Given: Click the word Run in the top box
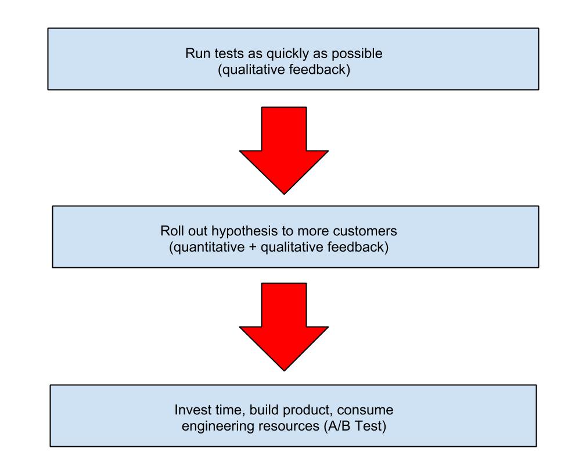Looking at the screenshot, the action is coord(197,53).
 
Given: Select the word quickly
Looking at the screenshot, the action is coord(287,54).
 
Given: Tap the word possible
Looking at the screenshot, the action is coord(357,54).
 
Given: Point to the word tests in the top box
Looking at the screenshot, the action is coord(229,53).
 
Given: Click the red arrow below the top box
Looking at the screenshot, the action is coord(284,150).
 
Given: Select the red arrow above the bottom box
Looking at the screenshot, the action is coord(284,327).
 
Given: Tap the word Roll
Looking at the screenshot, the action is coord(172,231).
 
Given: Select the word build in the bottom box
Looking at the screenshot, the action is coord(264,410).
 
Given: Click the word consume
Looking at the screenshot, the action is coord(365,410).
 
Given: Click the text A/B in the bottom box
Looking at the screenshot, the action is coord(339,426).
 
